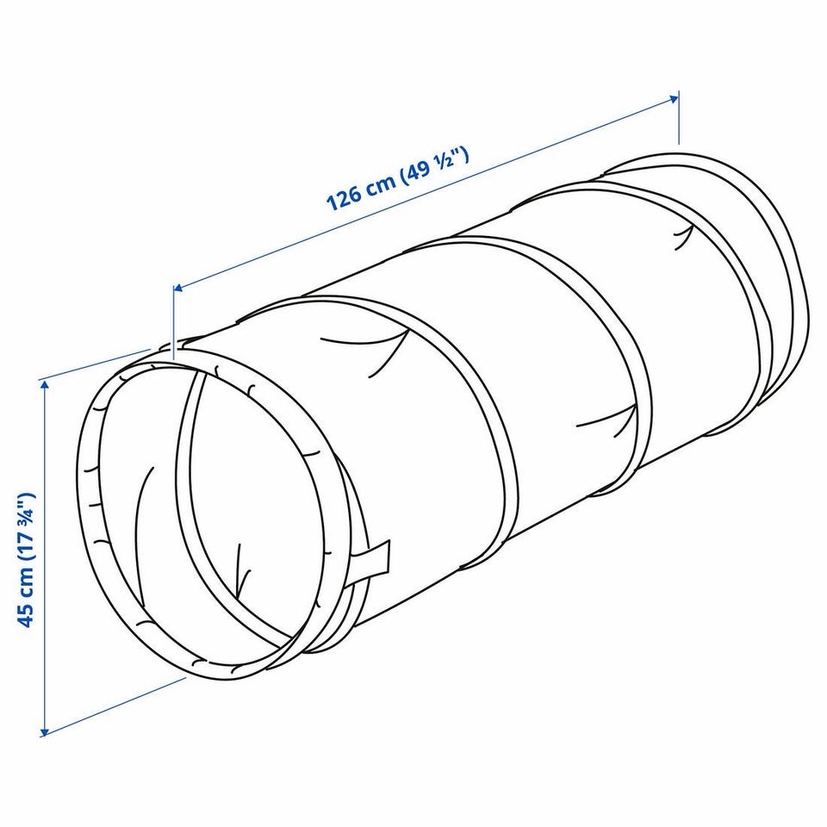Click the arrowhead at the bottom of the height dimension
45,731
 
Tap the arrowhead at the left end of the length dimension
178,288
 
